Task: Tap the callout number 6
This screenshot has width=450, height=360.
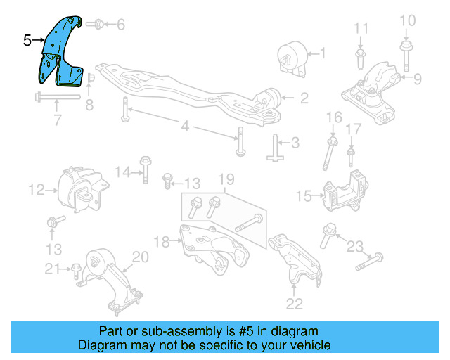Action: pyautogui.click(x=121, y=25)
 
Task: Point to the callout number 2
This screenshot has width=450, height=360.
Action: pyautogui.click(x=304, y=99)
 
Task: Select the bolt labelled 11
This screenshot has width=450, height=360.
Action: pyautogui.click(x=361, y=52)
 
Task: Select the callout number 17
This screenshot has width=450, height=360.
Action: pyautogui.click(x=354, y=129)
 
